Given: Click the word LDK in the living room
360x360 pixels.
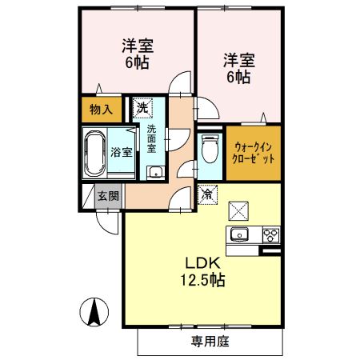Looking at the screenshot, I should click(203, 264).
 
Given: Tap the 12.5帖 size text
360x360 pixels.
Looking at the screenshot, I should click(203, 281).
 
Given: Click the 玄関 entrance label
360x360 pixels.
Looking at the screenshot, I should click(108, 195).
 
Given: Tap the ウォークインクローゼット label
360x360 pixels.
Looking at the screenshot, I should click(254, 152).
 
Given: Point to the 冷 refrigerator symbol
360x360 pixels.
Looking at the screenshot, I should click(206, 194).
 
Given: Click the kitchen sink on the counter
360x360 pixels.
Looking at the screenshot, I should click(241, 234).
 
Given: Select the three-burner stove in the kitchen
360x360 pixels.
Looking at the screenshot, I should click(271, 234).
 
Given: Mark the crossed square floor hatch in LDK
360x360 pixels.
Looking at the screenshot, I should click(239, 210).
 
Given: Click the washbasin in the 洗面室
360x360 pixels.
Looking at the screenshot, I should click(154, 171).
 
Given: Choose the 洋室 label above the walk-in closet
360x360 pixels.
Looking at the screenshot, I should click(238, 70).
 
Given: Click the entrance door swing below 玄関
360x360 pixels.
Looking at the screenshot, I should click(104, 218).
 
